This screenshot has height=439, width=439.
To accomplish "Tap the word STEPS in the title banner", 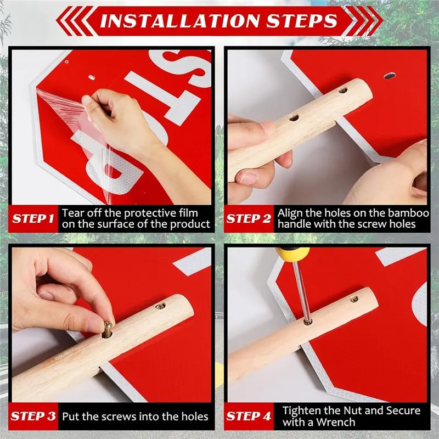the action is pyautogui.click(x=302, y=21).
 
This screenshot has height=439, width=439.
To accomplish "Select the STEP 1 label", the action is pyautogui.click(x=33, y=218).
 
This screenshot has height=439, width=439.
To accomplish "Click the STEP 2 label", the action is pyautogui.click(x=249, y=218).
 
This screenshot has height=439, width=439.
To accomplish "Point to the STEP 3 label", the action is pyautogui.click(x=33, y=416).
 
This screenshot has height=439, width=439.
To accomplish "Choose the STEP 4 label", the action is pyautogui.click(x=249, y=416).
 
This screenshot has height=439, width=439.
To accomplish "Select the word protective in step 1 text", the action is pyautogui.click(x=150, y=213).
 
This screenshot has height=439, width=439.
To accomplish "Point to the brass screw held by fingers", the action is pyautogui.click(x=107, y=330).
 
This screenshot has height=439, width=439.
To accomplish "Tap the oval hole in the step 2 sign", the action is pyautogui.click(x=389, y=75).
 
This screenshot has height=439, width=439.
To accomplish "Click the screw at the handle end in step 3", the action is pyautogui.click(x=160, y=306).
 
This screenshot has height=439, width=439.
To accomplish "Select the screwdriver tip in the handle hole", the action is pyautogui.click(x=308, y=321).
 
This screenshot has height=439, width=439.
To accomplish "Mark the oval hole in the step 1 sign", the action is pyautogui.click(x=92, y=77).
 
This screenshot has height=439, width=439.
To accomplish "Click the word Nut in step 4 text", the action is pyautogui.click(x=353, y=410).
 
